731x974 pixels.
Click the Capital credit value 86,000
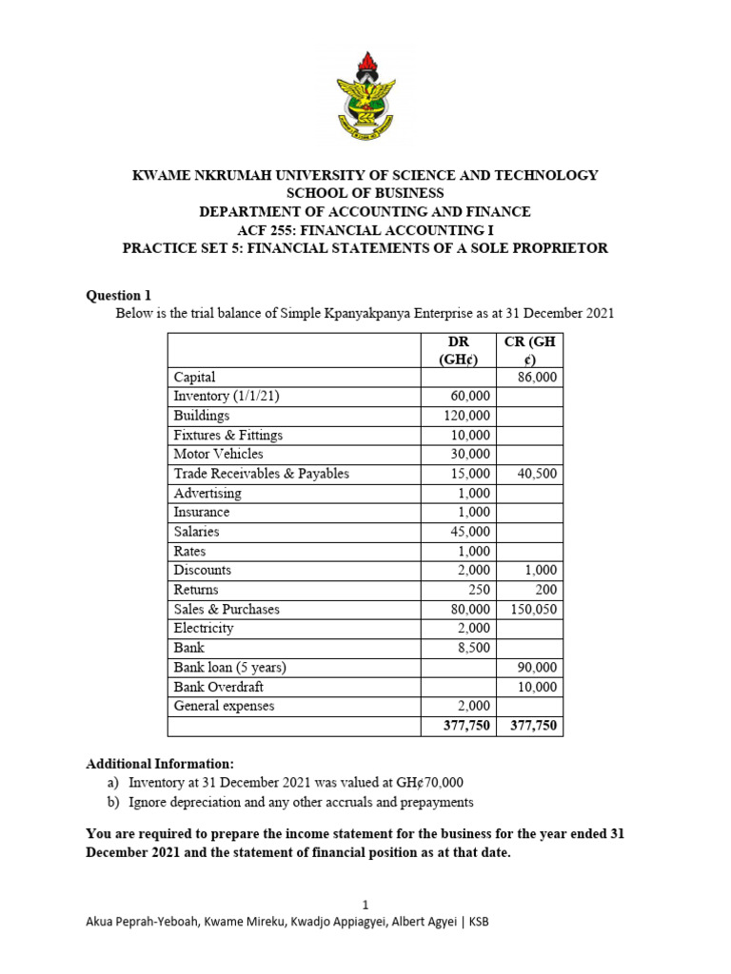click(x=537, y=378)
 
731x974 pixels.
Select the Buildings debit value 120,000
click(x=466, y=416)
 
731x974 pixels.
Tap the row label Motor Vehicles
click(x=218, y=455)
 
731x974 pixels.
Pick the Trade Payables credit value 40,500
click(x=537, y=474)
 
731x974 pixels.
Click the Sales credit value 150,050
click(x=534, y=609)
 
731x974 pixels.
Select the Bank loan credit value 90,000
click(x=537, y=668)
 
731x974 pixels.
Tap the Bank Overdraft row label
click(x=218, y=687)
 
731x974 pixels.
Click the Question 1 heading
click(x=119, y=295)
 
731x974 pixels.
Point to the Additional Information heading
click(x=159, y=764)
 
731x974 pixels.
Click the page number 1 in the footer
click(x=365, y=905)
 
